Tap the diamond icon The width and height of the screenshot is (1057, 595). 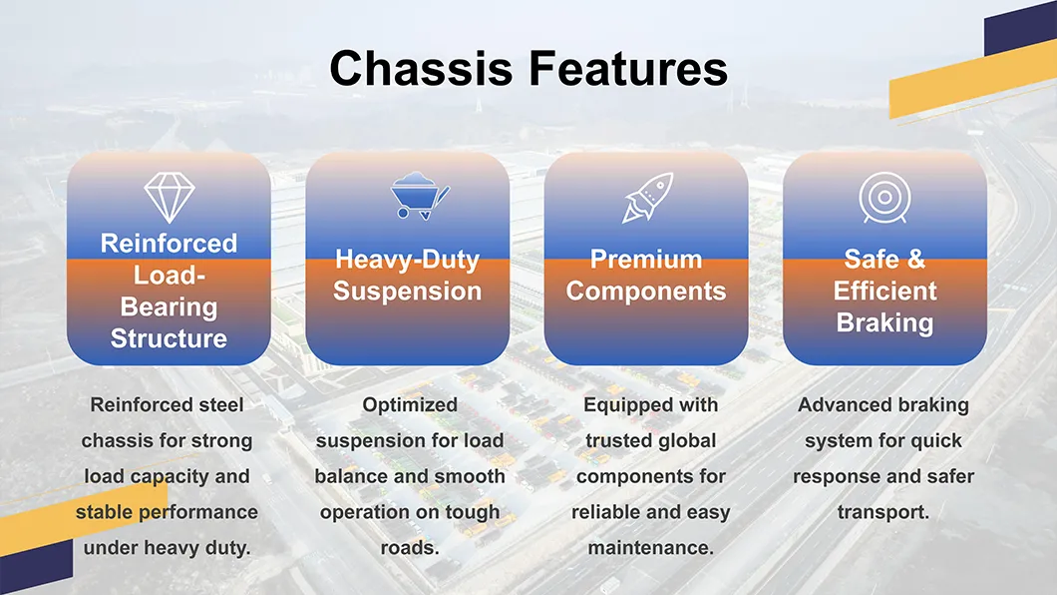pos(169,197)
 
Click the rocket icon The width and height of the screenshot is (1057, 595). pos(647,197)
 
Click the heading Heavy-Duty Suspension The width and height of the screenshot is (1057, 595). pos(407,276)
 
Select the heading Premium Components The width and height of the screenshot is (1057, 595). pos(646,276)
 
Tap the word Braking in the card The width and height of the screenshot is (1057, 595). pos(884,322)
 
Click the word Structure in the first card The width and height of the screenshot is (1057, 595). pos(169,338)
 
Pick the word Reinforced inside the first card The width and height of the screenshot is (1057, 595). pos(169,244)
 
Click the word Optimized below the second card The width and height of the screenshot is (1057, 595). pos(409,405)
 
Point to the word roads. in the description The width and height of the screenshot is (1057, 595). pos(409,548)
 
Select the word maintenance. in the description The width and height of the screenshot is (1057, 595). pos(650,548)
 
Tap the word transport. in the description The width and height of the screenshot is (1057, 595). pos(882,512)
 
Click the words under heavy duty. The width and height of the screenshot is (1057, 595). pos(167,548)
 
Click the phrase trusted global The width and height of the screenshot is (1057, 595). pos(650,440)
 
